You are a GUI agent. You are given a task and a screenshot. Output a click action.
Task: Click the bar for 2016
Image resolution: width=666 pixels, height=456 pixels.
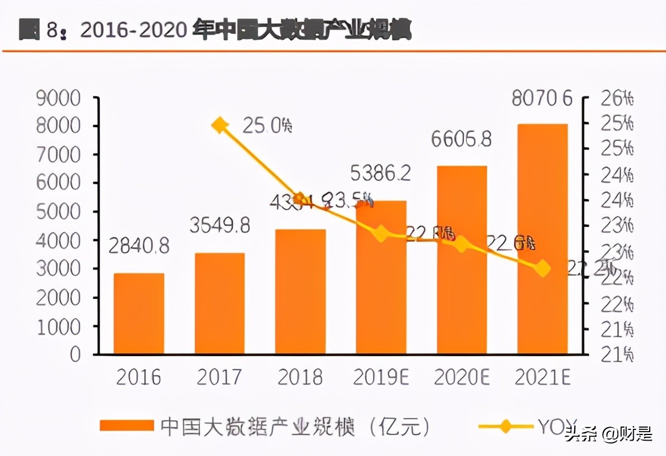tap(139, 314)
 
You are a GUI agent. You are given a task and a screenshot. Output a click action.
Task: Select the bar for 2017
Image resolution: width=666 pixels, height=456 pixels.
tap(220, 303)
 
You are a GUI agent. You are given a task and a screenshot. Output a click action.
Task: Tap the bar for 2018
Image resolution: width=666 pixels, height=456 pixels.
tap(300, 292)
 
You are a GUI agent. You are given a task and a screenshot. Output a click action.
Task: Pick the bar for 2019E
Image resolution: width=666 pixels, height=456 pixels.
tap(381, 277)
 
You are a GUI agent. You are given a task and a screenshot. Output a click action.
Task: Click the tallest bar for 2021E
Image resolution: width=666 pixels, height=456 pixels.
tap(543, 239)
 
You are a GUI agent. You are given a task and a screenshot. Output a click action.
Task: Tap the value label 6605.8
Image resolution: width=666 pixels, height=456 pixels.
tap(461, 139)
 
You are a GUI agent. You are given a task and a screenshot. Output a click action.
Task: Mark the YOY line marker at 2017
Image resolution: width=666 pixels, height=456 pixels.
tap(220, 125)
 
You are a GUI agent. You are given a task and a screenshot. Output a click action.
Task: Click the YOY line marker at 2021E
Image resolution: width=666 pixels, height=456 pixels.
tap(543, 268)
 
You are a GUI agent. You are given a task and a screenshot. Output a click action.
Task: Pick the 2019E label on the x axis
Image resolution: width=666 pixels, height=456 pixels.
tap(381, 377)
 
